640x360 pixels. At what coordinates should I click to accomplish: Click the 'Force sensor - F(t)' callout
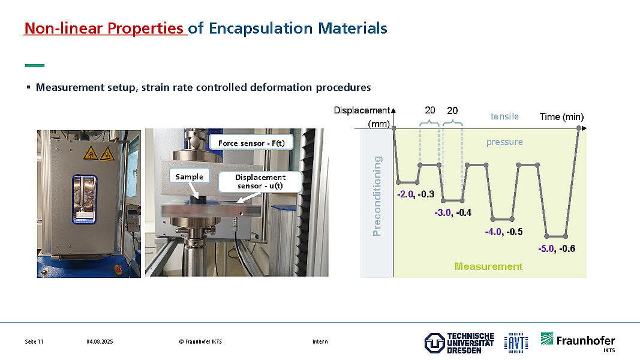point(251,143)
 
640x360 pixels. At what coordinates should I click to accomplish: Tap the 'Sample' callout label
point(190,176)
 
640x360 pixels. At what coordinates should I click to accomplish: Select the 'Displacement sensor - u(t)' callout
point(260,182)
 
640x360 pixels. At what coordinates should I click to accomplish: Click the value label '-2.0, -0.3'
point(416,194)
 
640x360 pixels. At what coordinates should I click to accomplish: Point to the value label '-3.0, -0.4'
point(453,212)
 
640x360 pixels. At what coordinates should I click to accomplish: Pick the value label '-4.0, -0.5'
point(504,232)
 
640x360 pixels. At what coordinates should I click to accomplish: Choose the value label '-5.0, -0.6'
point(557,248)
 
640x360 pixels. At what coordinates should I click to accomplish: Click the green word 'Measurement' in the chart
point(488,266)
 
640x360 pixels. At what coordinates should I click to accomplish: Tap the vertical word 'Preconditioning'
point(377,196)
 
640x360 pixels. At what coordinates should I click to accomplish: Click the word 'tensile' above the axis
point(504,116)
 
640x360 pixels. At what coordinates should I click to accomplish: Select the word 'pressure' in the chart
point(504,142)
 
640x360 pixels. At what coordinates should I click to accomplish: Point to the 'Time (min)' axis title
point(561,117)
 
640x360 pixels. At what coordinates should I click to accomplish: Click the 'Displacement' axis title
point(362,110)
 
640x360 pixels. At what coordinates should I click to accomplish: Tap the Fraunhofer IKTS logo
point(578,342)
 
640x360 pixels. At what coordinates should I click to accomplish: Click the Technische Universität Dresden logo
point(459,343)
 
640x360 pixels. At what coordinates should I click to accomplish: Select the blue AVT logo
point(516,343)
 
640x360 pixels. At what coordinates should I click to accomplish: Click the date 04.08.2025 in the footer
point(100,341)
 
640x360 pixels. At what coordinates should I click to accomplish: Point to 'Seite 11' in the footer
point(34,341)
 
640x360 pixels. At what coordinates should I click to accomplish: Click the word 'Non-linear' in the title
point(63,28)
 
